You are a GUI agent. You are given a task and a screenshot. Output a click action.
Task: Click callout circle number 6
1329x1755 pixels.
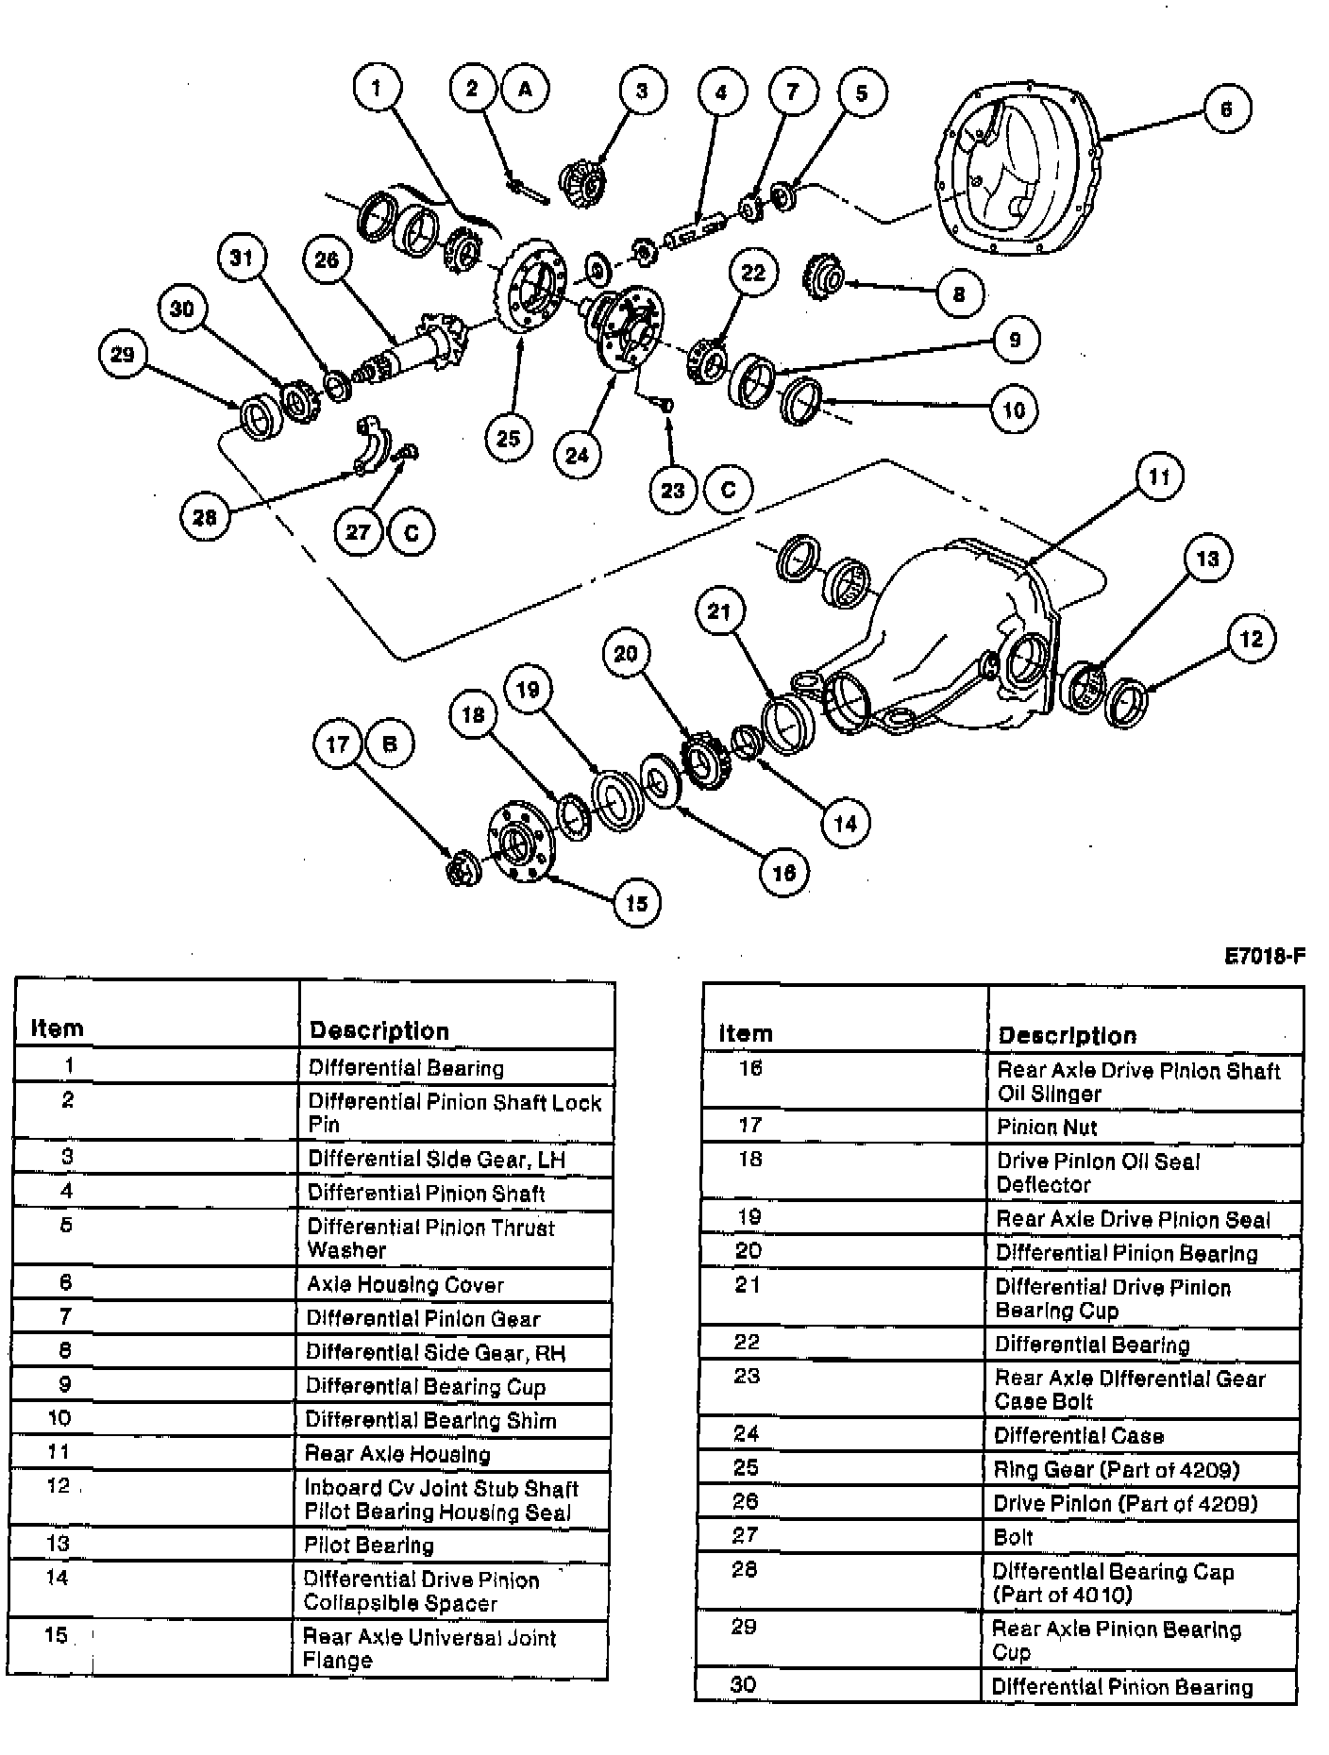(1226, 109)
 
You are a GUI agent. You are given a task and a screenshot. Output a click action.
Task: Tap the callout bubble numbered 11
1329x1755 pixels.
(1158, 477)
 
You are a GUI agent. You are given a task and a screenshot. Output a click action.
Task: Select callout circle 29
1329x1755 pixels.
(123, 355)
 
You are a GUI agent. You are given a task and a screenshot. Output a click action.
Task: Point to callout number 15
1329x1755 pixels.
(637, 903)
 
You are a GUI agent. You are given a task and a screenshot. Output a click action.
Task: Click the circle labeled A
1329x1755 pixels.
(526, 89)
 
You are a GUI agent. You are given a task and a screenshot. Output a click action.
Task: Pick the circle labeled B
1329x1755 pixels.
(389, 744)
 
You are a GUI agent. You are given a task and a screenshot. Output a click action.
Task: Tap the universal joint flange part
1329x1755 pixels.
(519, 843)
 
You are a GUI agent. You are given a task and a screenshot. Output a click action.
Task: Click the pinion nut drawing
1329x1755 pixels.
(463, 868)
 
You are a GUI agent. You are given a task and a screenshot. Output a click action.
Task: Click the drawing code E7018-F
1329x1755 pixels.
(1264, 957)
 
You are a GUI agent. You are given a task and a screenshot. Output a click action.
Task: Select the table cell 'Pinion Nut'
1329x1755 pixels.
(1047, 1127)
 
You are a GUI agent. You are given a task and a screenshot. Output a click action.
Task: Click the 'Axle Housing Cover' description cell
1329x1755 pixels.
(406, 1284)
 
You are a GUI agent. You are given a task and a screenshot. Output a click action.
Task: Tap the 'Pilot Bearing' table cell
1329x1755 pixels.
(369, 1545)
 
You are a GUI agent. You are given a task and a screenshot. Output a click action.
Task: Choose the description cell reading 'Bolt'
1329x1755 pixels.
(1014, 1537)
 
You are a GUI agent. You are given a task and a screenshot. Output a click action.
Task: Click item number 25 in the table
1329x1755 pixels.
(746, 1468)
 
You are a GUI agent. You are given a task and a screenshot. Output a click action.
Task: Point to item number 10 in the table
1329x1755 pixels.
(59, 1417)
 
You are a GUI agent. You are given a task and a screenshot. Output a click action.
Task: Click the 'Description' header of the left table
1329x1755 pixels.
(379, 1030)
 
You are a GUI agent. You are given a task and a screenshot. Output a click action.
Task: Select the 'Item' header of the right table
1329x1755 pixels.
(746, 1033)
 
